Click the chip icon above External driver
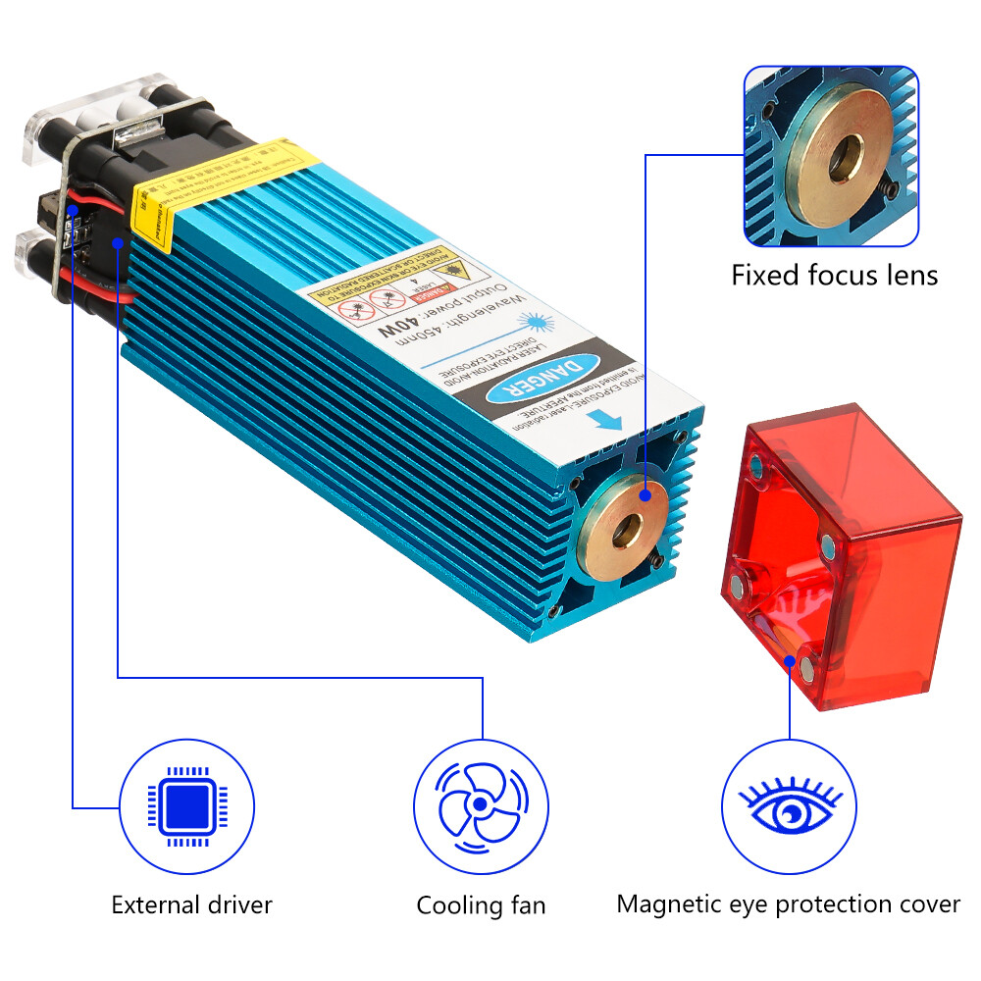pos(185,807)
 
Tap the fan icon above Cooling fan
pos(480,807)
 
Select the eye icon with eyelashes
pos(790,807)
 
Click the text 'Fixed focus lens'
pos(834,275)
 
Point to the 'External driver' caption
pos(191,904)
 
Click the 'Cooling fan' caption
pos(481,904)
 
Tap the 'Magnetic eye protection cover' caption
pos(789,904)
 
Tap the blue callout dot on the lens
pos(645,496)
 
